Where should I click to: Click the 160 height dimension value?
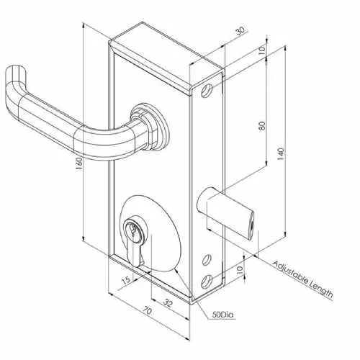click(x=79, y=163)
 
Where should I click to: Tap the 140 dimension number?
click(x=281, y=154)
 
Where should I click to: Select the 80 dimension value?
click(x=262, y=125)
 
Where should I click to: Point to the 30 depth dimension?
click(x=240, y=31)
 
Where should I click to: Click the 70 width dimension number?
click(x=147, y=311)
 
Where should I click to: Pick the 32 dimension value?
click(x=168, y=303)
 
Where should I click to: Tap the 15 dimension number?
click(x=125, y=279)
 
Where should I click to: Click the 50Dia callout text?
click(x=223, y=315)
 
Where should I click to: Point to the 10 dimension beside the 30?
click(x=262, y=49)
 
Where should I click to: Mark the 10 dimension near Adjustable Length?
click(x=240, y=270)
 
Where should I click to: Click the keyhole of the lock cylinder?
click(x=132, y=231)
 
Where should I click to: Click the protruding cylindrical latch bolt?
click(x=225, y=212)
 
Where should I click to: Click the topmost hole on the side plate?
click(x=206, y=91)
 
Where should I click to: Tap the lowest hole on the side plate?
click(x=206, y=282)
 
